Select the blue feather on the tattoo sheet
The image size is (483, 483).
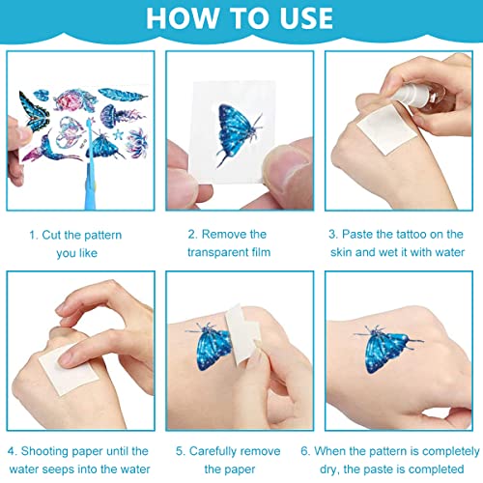point(123,95)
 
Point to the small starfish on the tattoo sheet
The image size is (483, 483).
point(118,134)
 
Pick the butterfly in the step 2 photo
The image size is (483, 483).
point(239,134)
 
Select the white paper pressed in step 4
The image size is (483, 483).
point(69,370)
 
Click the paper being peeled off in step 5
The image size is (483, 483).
point(242,335)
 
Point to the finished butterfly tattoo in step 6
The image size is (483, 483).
point(387,349)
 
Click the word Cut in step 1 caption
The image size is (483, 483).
point(51,235)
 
